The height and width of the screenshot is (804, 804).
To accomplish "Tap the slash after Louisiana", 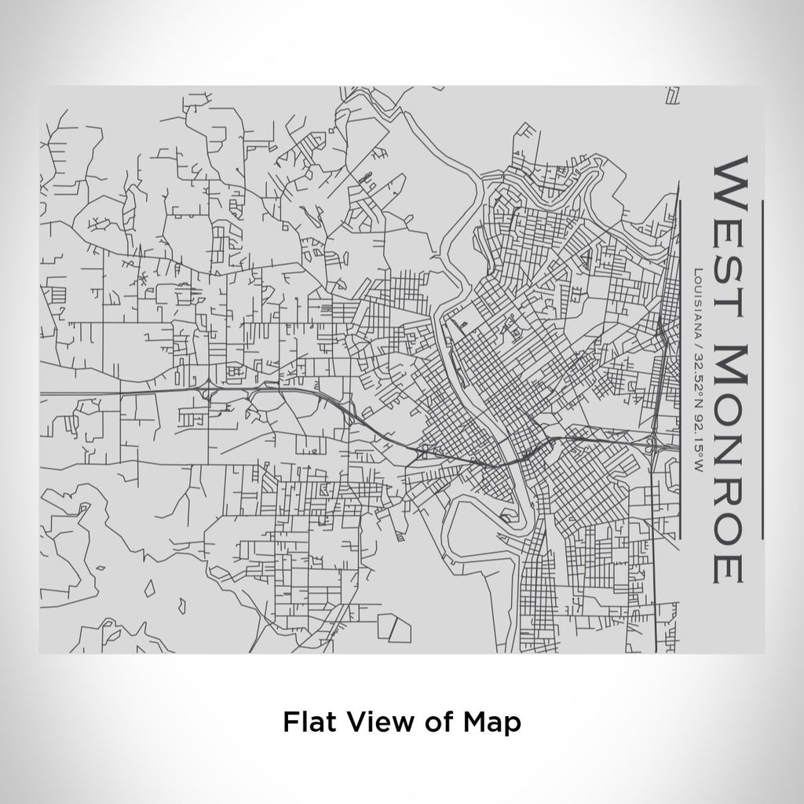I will (x=697, y=336).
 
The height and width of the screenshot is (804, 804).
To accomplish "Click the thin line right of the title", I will (x=762, y=369).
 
